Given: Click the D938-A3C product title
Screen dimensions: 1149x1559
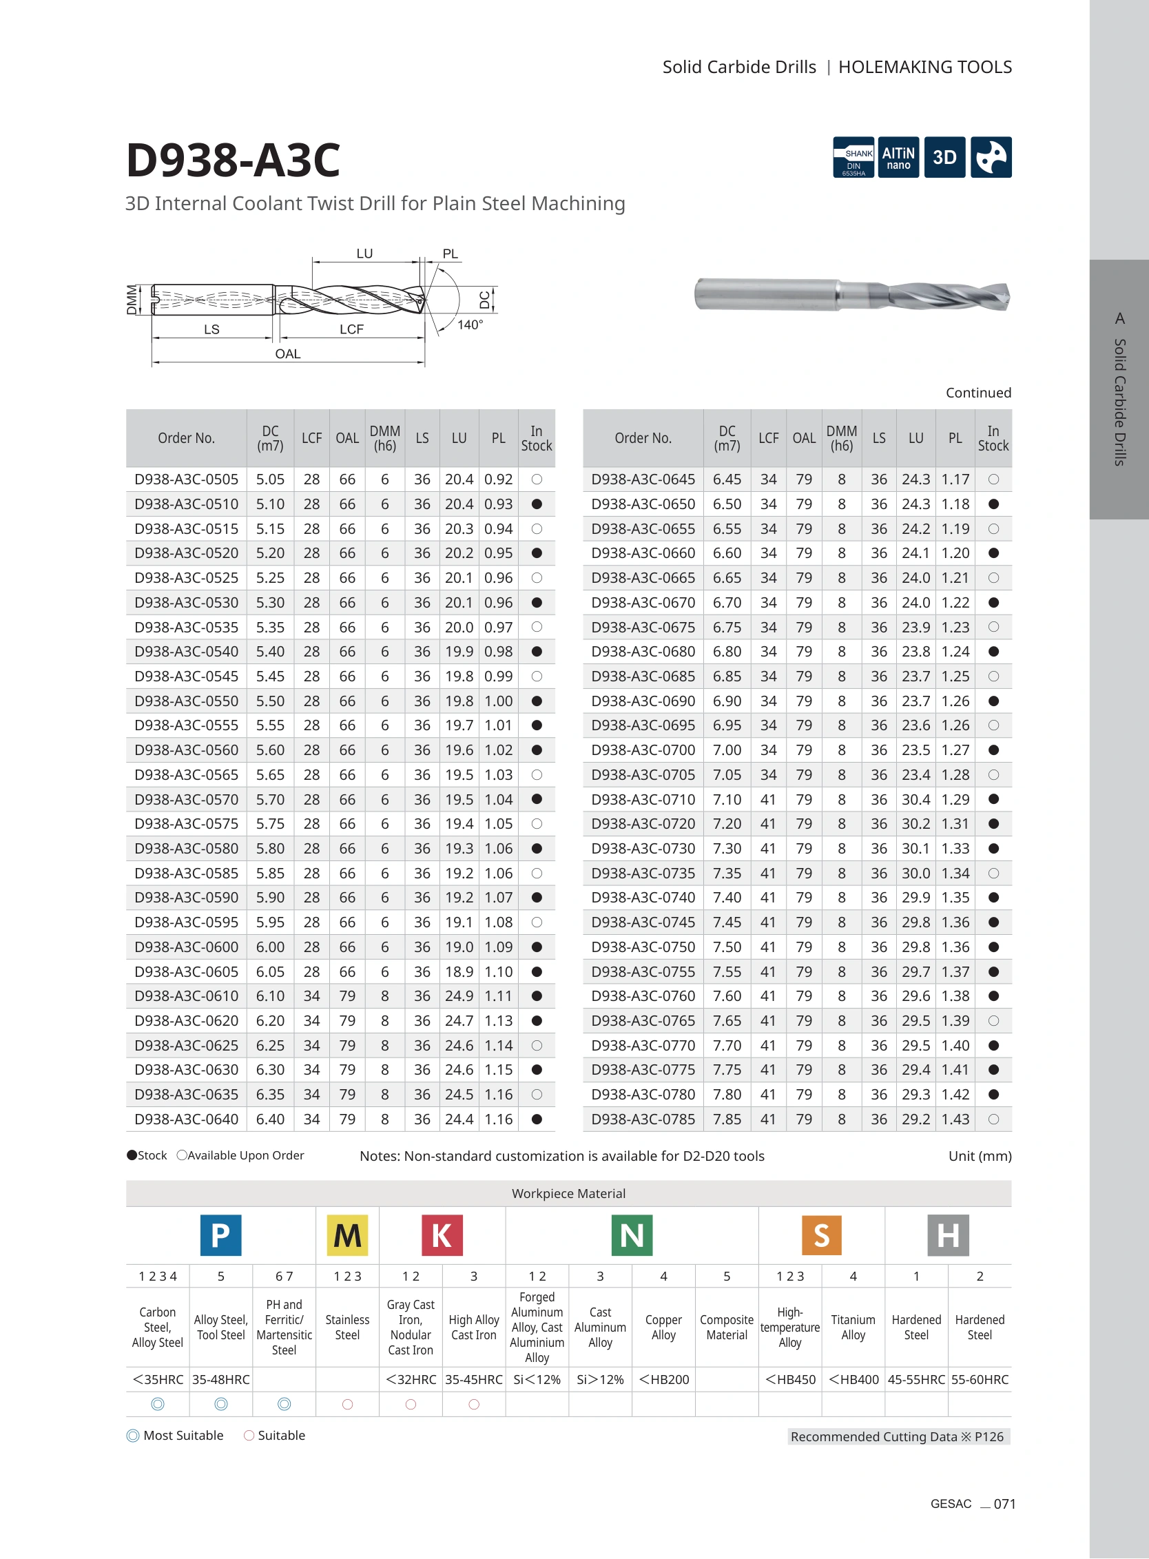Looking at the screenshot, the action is click(233, 160).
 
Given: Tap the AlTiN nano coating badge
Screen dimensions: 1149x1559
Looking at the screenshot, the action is click(899, 157).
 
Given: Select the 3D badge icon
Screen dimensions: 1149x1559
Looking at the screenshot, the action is click(944, 157).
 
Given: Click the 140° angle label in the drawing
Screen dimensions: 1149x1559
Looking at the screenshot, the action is click(470, 325).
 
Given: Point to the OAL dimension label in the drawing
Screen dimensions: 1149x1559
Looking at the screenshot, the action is click(288, 354).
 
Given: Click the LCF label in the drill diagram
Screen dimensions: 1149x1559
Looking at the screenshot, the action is click(352, 329).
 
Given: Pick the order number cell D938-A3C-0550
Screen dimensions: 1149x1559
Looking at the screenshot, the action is click(187, 701).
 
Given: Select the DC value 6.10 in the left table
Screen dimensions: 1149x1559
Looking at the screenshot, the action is click(271, 996).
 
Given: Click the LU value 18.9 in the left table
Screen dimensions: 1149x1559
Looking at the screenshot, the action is click(459, 972).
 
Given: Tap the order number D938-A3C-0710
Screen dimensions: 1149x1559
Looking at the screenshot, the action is click(643, 799).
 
